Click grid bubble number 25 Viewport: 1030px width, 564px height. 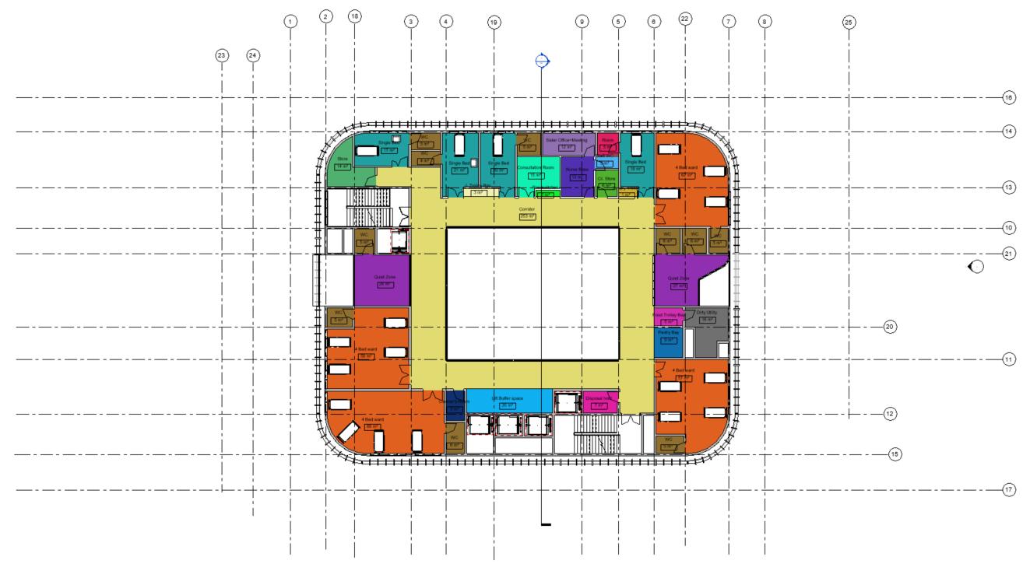pos(849,23)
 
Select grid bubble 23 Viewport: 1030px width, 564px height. pos(222,55)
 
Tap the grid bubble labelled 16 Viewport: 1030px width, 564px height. pos(1009,98)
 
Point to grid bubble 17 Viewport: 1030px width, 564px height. pos(1009,490)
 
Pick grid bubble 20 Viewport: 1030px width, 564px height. pos(891,327)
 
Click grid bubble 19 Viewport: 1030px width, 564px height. pos(494,23)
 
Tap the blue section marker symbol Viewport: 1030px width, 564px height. pos(543,61)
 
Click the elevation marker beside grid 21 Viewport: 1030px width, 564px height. pos(975,267)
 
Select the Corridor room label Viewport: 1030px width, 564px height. pos(528,209)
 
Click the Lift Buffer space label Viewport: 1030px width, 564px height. pos(508,398)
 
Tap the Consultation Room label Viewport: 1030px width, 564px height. pos(536,168)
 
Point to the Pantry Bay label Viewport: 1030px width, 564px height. pos(668,332)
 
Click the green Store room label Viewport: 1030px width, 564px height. pos(341,159)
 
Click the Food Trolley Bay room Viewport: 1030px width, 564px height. pos(668,316)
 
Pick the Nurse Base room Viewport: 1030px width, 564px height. pos(577,173)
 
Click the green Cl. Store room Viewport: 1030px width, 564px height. pos(606,180)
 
